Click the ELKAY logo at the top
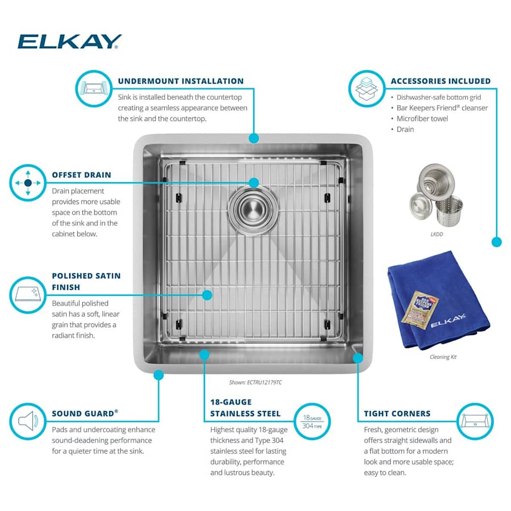coord(69,41)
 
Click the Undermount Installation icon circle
coord(94,89)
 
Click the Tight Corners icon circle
coord(475,421)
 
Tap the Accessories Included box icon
coord(366,89)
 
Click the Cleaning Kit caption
coord(443,357)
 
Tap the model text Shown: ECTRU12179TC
coord(255,382)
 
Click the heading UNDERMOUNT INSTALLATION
coord(181,81)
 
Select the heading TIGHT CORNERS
coord(397,414)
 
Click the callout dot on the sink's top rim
coord(253,138)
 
